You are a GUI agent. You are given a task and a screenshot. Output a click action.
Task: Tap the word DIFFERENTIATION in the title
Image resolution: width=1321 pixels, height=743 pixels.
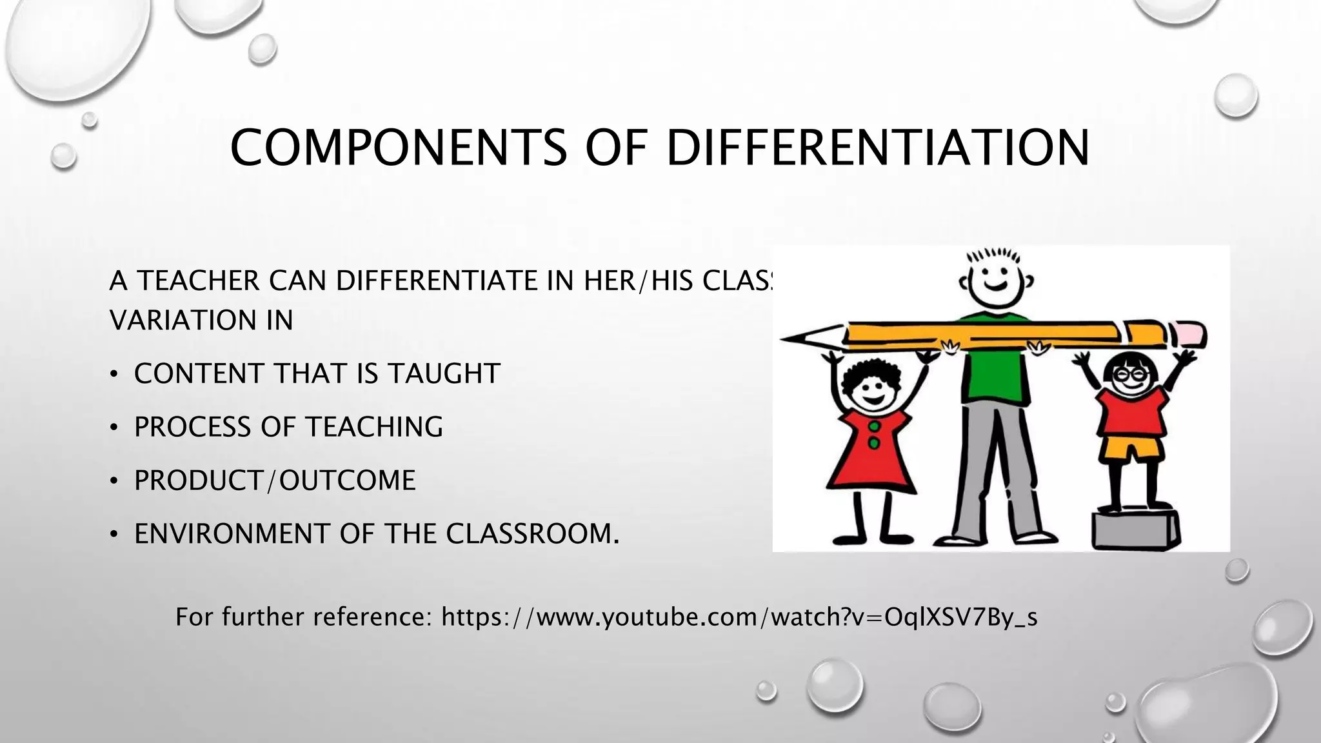877,148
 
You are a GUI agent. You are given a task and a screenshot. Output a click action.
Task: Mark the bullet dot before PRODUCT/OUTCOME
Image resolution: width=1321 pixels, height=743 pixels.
114,481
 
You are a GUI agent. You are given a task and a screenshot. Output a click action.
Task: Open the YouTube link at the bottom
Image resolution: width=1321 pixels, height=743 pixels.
739,617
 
